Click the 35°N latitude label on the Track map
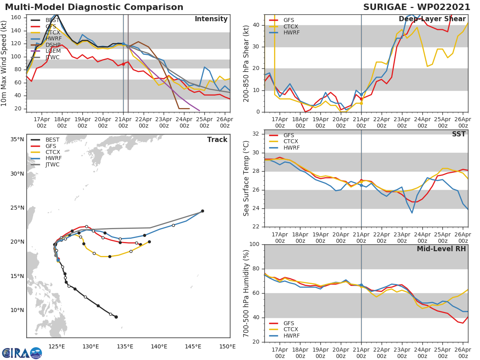click(17, 140)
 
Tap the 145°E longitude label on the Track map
click(193, 346)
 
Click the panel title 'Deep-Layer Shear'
click(432, 19)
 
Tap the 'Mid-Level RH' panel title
click(441, 249)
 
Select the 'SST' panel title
click(458, 134)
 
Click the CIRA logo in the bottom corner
click(22, 353)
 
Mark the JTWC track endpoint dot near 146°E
click(202, 211)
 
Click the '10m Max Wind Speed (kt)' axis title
click(4, 63)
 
